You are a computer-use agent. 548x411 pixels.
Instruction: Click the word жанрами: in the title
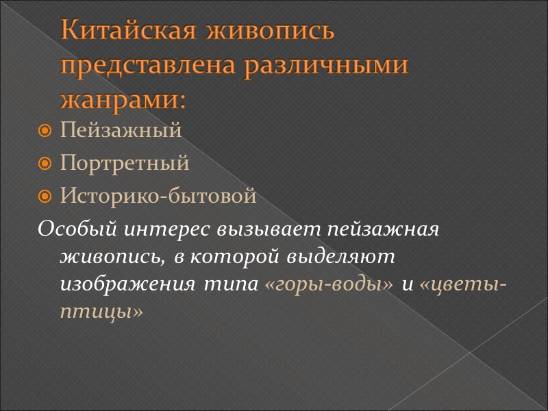pos(123,100)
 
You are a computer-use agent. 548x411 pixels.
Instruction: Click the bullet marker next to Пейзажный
pos(46,131)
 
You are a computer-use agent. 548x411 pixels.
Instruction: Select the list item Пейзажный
pos(121,130)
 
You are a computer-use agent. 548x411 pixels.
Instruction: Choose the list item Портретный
pos(125,164)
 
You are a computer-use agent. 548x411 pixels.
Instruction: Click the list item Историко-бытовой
pos(158,197)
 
